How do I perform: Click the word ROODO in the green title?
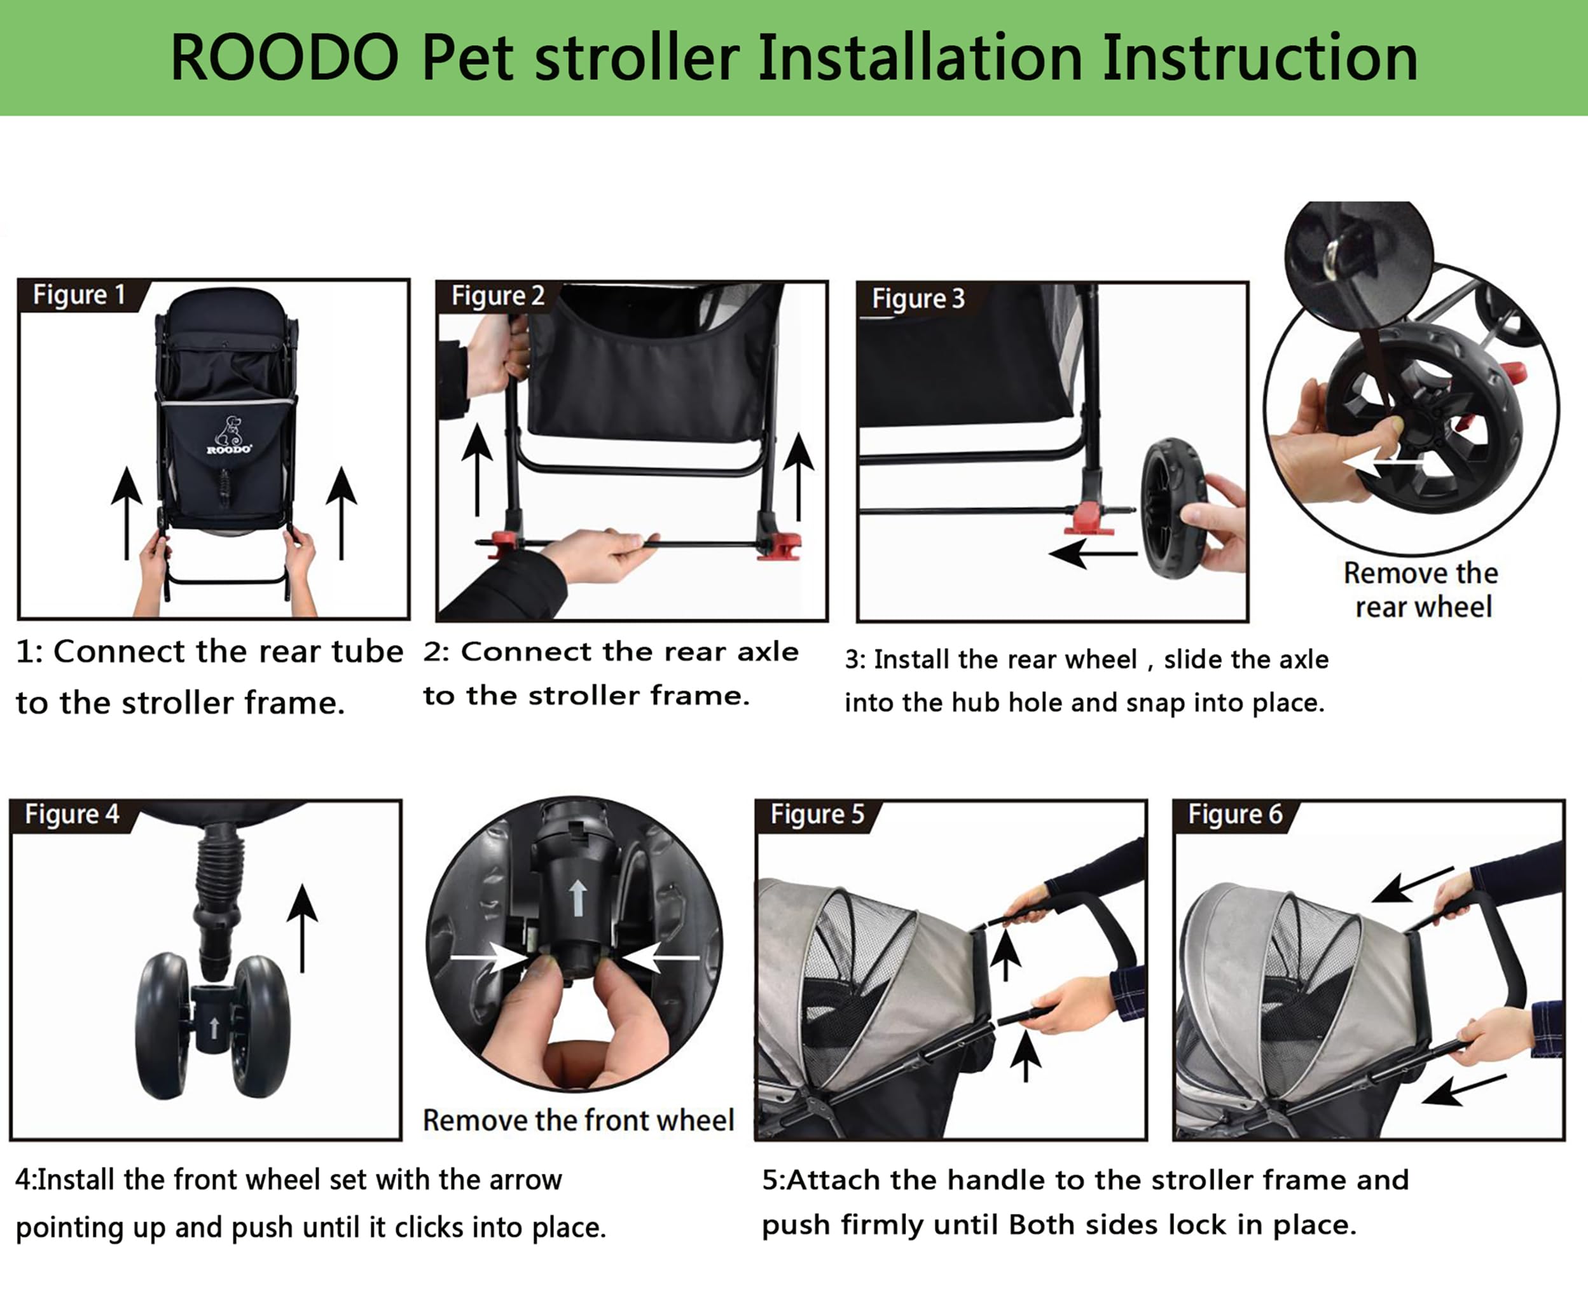tap(284, 59)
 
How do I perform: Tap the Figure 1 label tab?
tap(79, 295)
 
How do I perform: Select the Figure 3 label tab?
tap(918, 299)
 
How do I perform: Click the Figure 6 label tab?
tap(1235, 815)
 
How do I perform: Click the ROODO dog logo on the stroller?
tap(228, 435)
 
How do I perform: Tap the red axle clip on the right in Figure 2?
tap(784, 546)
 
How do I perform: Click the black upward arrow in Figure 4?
tap(303, 927)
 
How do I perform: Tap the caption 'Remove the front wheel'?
tap(577, 1120)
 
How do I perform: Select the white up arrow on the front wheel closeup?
tap(577, 898)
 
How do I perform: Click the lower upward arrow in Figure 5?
tap(1025, 1057)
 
